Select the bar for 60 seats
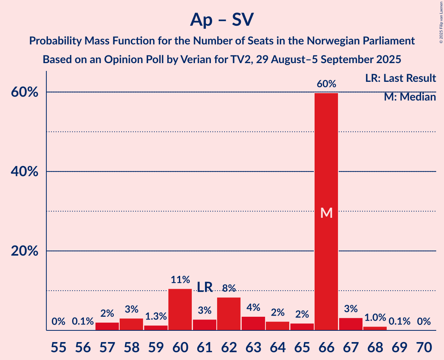tap(180, 310)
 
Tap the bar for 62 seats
tap(229, 314)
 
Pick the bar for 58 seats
tap(131, 324)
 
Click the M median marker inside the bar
tap(326, 213)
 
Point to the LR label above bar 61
tap(205, 287)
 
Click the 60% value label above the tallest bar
tap(326, 84)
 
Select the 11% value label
tap(180, 279)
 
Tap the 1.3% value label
tap(156, 316)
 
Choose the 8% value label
tap(229, 288)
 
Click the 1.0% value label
tap(375, 318)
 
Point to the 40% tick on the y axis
tap(25, 171)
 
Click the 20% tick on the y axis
tap(25, 251)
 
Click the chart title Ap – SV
tap(222, 19)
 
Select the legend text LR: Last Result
tap(400, 78)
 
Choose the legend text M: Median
tap(410, 97)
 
